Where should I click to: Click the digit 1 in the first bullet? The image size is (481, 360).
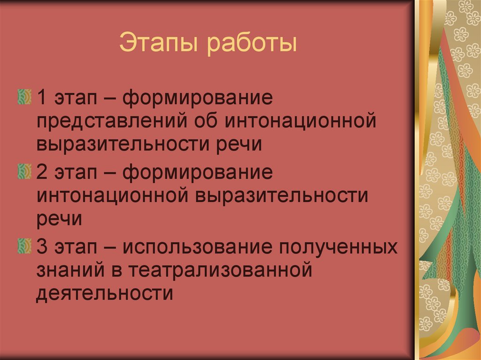41,99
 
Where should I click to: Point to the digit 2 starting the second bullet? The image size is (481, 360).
42,172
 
